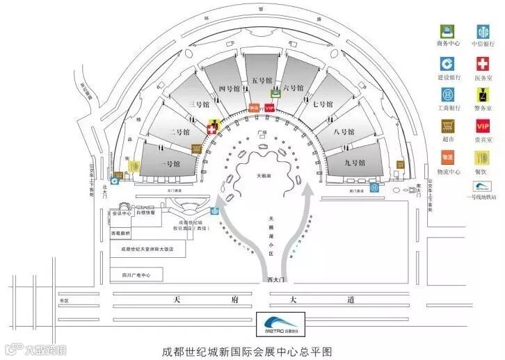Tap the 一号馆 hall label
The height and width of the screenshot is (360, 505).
(170, 164)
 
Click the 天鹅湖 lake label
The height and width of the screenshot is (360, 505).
(264, 158)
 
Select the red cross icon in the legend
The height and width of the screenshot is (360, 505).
(483, 63)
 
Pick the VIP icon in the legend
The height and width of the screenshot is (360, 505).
(483, 126)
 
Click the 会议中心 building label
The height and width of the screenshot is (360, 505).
(122, 214)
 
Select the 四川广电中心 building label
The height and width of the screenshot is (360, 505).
(136, 275)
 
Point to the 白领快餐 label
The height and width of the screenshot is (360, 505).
(145, 214)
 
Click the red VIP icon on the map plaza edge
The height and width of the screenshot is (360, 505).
(268, 108)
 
